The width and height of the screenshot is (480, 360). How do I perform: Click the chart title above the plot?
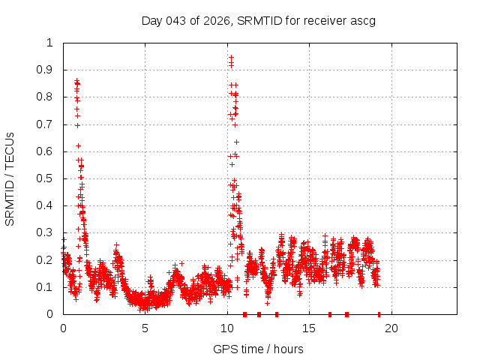tap(258, 20)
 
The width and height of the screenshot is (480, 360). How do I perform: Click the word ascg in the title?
tap(362, 20)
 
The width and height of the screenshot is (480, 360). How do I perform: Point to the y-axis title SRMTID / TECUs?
tap(10, 178)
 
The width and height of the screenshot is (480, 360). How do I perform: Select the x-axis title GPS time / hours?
tap(258, 349)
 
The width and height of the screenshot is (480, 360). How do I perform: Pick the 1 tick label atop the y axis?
tap(50, 43)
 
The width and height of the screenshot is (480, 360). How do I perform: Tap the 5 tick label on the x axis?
tap(145, 328)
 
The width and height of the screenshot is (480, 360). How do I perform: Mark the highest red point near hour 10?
tap(231, 57)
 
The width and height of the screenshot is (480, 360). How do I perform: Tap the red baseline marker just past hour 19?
tap(379, 314)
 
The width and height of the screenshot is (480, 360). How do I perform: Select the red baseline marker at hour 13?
tap(277, 314)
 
